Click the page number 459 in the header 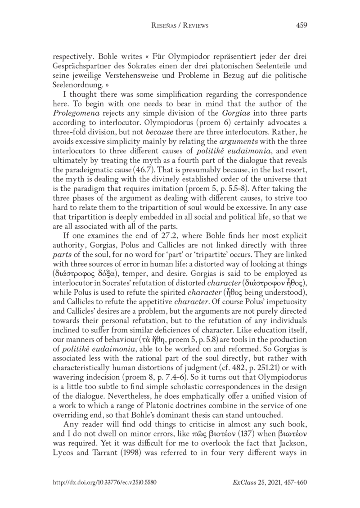301,26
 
